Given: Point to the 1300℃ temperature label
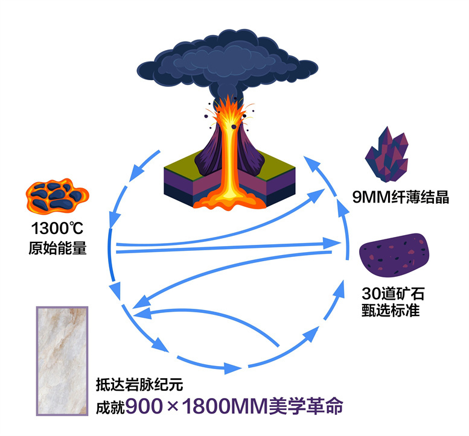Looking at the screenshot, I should [57, 230].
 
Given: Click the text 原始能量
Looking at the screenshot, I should [57, 247].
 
